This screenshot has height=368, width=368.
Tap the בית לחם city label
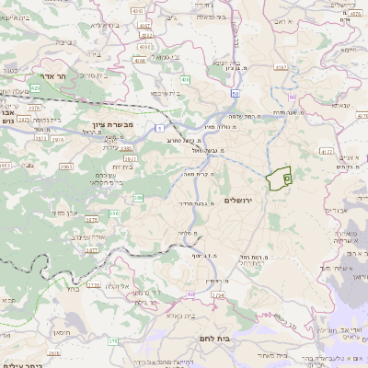(214, 339)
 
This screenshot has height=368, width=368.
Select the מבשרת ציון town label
(112, 124)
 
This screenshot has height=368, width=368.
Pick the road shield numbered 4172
(326, 151)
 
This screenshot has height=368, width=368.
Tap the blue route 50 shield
(236, 93)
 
